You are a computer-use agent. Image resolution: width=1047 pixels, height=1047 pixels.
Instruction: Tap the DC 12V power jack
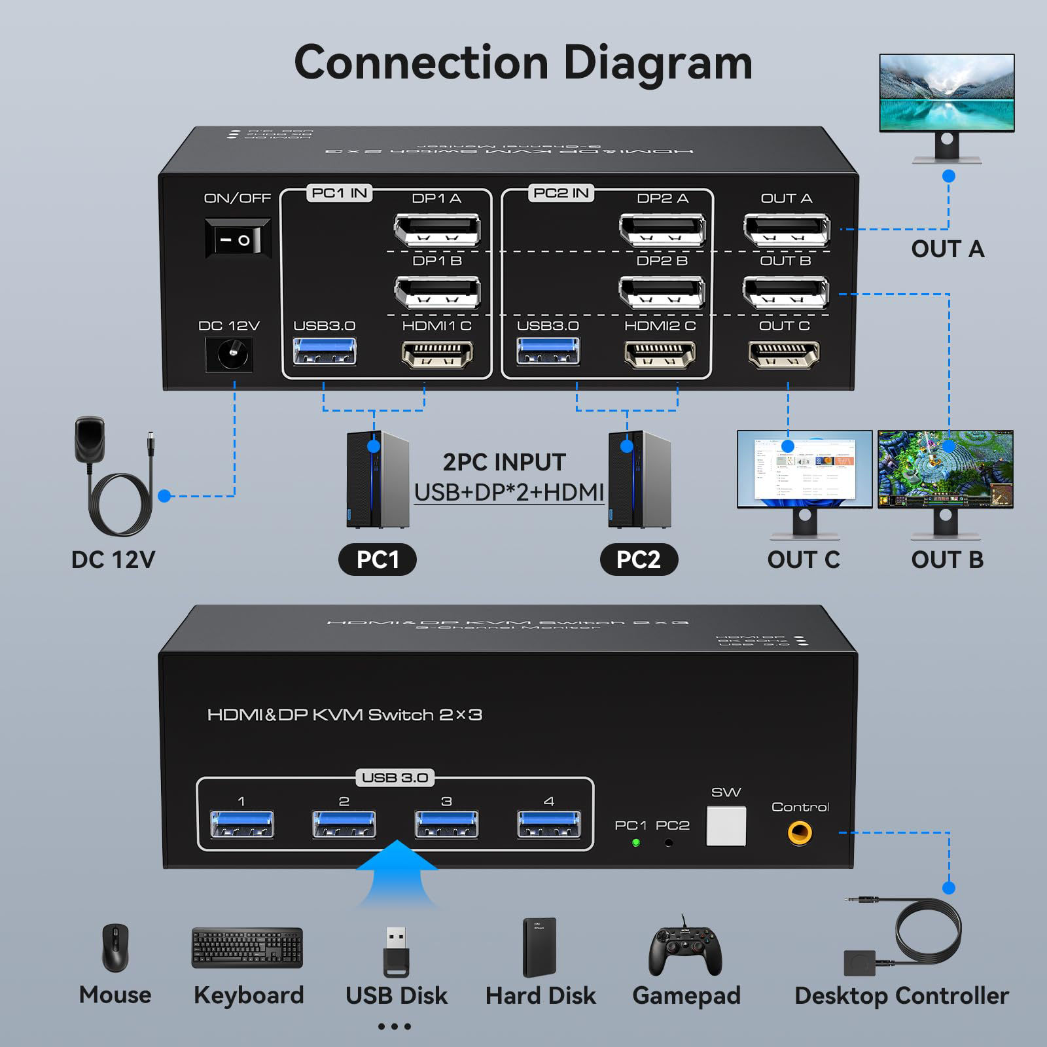[x=229, y=355]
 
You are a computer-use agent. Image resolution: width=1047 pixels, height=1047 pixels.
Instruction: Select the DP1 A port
[x=437, y=230]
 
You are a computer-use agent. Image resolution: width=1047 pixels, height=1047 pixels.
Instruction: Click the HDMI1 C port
[x=436, y=355]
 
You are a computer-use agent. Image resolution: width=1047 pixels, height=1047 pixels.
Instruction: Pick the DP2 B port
[x=662, y=292]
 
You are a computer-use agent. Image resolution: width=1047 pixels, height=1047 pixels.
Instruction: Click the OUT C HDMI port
[x=784, y=355]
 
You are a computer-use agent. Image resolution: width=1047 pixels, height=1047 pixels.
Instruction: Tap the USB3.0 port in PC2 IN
[x=548, y=351]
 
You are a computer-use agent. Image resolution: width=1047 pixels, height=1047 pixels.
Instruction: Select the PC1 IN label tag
[x=339, y=193]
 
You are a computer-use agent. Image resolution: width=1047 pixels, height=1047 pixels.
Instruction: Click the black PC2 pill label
[x=639, y=559]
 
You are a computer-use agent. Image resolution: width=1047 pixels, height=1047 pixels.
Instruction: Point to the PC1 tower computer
[x=378, y=480]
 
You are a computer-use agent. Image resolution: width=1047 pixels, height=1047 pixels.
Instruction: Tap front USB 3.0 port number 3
[x=446, y=824]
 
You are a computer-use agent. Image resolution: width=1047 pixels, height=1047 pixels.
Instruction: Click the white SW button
[x=726, y=825]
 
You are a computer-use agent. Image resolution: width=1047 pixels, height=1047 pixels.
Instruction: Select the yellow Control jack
[x=800, y=832]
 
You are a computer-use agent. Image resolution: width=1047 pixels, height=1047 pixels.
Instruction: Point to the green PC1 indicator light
[x=635, y=842]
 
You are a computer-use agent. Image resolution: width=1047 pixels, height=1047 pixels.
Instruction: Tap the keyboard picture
[x=247, y=948]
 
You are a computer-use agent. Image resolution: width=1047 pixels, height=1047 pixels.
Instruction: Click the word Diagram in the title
[x=658, y=63]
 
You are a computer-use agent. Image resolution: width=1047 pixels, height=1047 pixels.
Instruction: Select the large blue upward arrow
[x=397, y=874]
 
